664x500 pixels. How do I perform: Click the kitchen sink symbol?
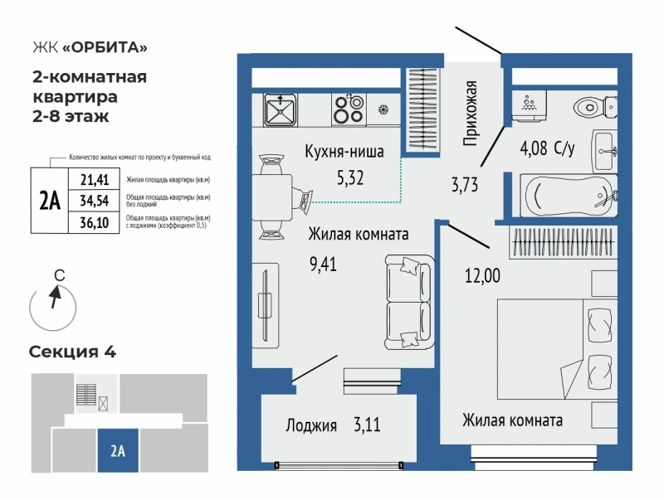click(x=280, y=110)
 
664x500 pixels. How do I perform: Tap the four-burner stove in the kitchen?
click(x=349, y=110)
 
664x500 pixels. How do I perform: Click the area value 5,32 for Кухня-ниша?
click(x=350, y=178)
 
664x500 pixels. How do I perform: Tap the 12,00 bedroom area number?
click(x=482, y=276)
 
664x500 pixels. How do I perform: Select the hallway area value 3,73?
click(x=465, y=185)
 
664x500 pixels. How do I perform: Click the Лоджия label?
click(x=311, y=425)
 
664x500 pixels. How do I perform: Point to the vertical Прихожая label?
click(x=470, y=114)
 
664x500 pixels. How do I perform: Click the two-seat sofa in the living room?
click(x=409, y=302)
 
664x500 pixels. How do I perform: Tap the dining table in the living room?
click(x=272, y=197)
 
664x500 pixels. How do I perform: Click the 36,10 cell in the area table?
click(x=95, y=222)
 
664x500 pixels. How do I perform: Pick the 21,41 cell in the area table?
click(x=95, y=180)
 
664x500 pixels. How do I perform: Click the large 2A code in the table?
click(x=50, y=201)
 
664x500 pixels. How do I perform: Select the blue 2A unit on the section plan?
click(x=118, y=450)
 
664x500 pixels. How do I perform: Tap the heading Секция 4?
click(x=72, y=352)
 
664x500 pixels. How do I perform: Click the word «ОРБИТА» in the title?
click(x=105, y=47)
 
